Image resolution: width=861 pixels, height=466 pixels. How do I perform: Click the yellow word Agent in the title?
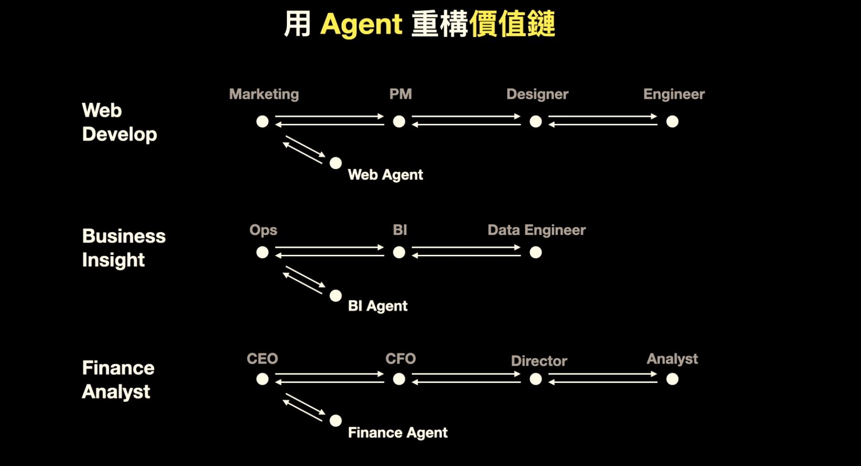(361, 25)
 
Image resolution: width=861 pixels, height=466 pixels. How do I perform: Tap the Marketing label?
(264, 94)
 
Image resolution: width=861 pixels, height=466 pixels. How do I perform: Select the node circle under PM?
(399, 122)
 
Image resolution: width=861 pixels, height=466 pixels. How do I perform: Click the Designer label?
(537, 94)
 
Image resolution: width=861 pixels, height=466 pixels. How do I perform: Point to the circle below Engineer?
(672, 122)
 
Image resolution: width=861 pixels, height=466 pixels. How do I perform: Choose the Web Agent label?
(385, 175)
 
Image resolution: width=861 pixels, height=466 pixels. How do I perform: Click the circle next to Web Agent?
(336, 163)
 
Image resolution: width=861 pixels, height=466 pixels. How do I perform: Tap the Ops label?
(263, 230)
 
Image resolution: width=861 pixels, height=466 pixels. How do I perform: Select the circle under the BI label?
(399, 253)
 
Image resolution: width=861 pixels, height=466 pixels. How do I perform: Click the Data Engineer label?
(537, 230)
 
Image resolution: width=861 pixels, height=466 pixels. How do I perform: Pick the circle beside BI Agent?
(336, 296)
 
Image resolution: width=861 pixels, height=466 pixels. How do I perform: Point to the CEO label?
(262, 359)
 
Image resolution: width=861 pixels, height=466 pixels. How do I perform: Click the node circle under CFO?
(399, 379)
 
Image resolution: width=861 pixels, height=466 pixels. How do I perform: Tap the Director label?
(539, 361)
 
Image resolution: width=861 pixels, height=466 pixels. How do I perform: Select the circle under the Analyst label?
(672, 379)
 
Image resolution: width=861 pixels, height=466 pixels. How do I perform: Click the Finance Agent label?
(398, 433)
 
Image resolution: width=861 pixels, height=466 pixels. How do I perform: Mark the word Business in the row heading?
(124, 236)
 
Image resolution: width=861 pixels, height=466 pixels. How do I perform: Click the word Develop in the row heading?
(119, 135)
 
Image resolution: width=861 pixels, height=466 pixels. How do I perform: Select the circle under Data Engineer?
(536, 253)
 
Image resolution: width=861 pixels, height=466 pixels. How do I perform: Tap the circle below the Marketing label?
(263, 122)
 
